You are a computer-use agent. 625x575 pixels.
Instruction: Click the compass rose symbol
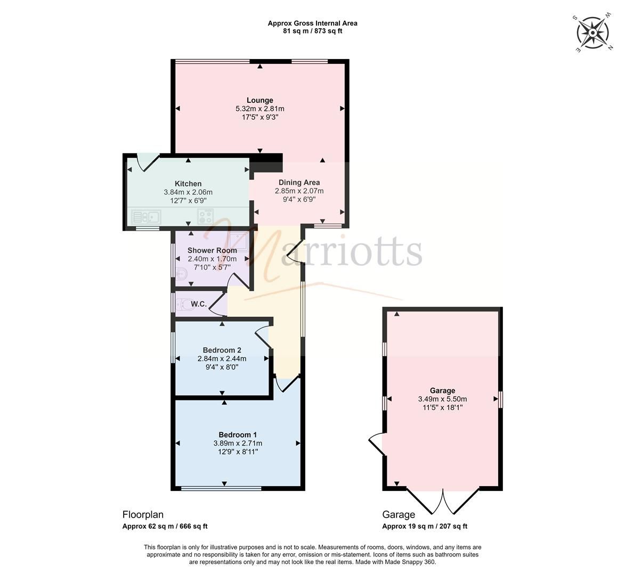coord(592,33)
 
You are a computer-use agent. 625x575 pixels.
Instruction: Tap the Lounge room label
coord(259,100)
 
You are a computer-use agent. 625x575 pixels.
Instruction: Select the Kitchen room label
coord(188,184)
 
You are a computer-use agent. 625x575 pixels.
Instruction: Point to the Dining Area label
coord(299,182)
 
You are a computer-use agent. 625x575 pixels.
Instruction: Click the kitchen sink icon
coord(147,217)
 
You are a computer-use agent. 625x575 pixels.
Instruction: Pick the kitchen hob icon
coord(205,216)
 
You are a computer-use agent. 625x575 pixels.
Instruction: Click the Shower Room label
coord(212,250)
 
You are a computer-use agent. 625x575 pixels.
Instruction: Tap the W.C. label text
coord(199,304)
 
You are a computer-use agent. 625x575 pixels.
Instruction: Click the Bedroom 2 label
coord(222,350)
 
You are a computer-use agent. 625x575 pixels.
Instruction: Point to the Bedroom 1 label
coord(238,434)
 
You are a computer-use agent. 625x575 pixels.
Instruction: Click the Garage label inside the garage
coord(442,390)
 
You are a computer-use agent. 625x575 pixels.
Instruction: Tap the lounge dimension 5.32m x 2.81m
coord(259,109)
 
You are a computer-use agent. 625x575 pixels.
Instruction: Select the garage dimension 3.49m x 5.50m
coord(442,399)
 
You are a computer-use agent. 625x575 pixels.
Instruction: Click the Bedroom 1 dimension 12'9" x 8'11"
coord(238,451)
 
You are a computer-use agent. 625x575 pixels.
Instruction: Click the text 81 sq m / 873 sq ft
coord(312,31)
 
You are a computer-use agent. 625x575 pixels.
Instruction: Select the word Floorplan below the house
coord(143,514)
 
